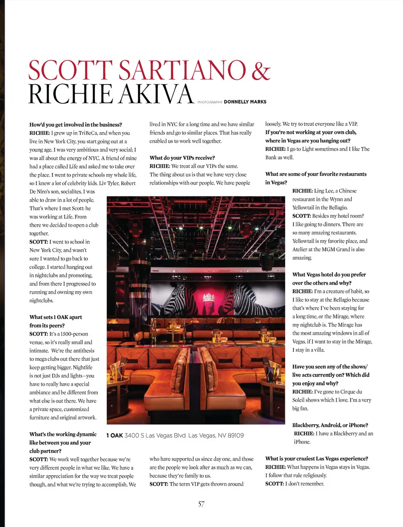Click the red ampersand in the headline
pos(261,70)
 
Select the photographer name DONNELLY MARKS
pos(245,102)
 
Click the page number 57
pos(201,504)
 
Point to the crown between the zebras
pos(209,298)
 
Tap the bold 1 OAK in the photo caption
pos(114,436)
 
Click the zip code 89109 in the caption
pos(236,436)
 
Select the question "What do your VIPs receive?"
pos(182,158)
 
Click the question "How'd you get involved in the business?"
pos(76,125)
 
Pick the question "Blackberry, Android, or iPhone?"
pos(330,425)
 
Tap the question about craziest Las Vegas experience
pos(317,459)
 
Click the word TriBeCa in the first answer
pos(88,133)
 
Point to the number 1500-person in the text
pos(74,334)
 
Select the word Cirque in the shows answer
pos(348,392)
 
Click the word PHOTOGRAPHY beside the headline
pos(210,102)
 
